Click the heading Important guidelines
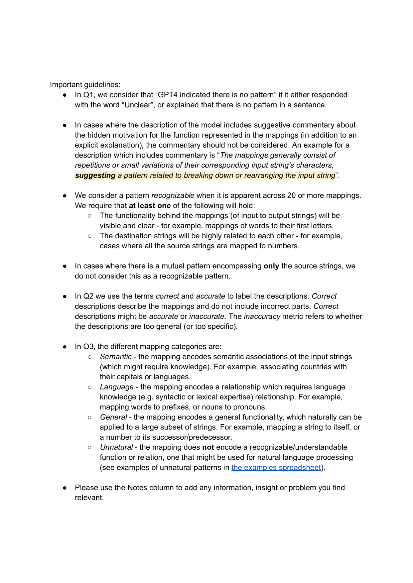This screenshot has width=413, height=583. coord(85,85)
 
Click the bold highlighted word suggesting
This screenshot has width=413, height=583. coord(95,175)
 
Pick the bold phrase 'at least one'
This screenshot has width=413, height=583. coord(150,206)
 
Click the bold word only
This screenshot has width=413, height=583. coord(271,266)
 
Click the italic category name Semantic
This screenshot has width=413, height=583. coord(116,357)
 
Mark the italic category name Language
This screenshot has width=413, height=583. coord(117,387)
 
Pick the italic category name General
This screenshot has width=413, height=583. coord(113,417)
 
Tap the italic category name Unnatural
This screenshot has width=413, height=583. coord(116,447)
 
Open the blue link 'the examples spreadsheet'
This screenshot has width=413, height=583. coord(276,468)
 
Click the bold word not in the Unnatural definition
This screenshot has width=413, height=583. coord(208,447)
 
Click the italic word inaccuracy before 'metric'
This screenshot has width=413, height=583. coord(262,316)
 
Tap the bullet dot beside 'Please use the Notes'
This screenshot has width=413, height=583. coord(65,488)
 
